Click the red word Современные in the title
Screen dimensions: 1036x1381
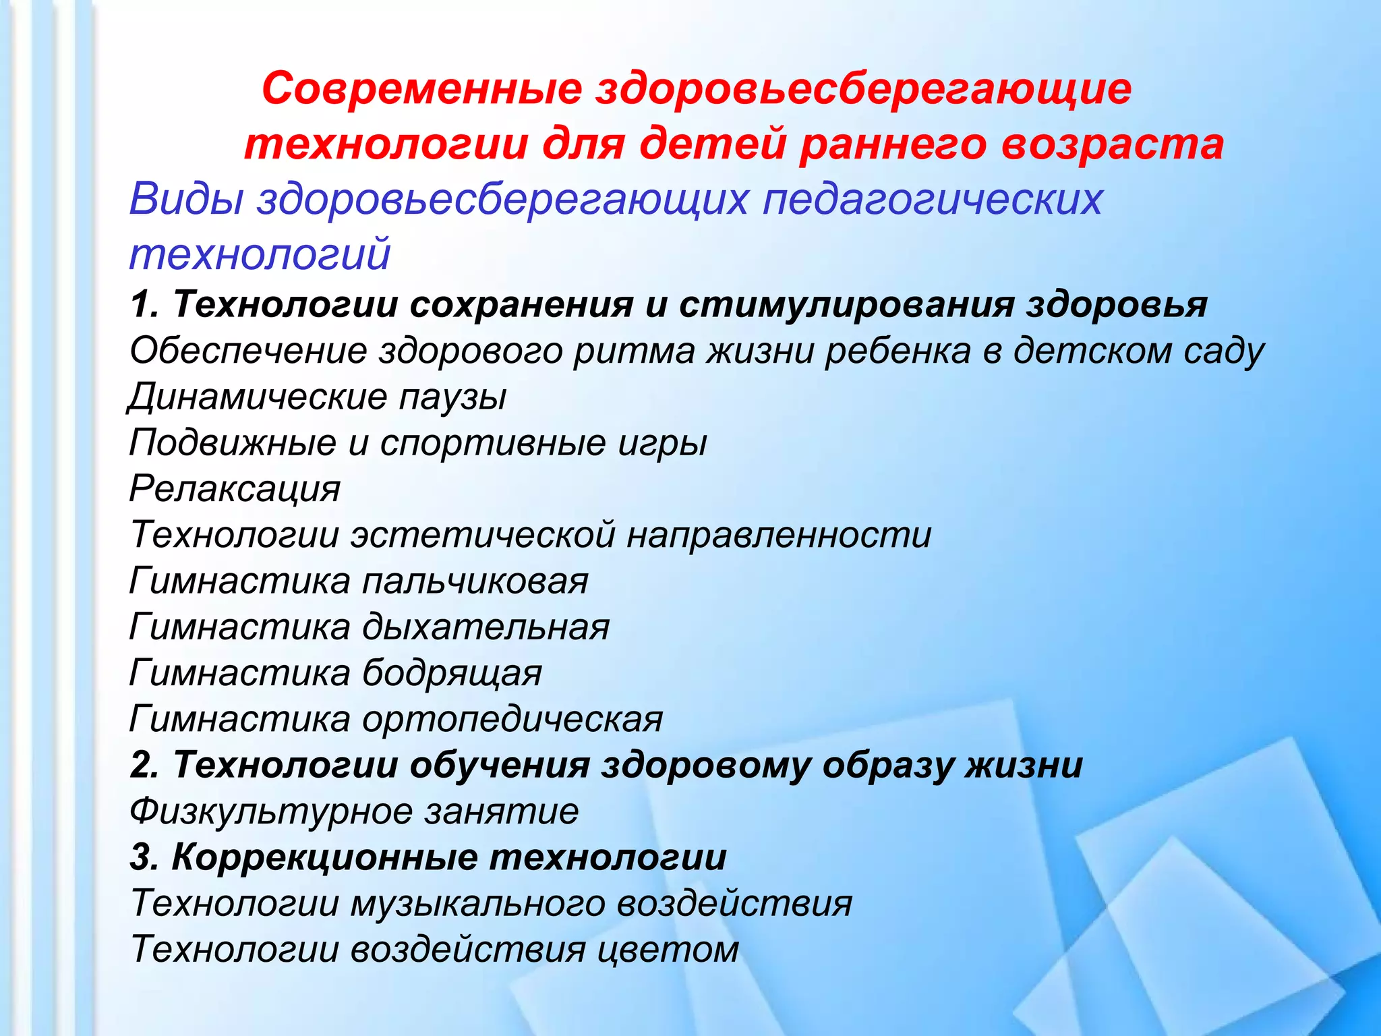click(422, 88)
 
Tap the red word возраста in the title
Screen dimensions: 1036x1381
click(1113, 144)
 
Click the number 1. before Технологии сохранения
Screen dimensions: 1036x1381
click(144, 305)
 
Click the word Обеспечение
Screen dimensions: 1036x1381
click(248, 351)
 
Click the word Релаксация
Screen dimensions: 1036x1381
click(235, 489)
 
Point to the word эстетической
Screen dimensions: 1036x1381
click(483, 535)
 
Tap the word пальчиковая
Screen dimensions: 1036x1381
click(475, 581)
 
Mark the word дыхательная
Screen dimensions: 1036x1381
click(486, 627)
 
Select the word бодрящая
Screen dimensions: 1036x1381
click(452, 674)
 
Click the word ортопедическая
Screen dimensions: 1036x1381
click(512, 720)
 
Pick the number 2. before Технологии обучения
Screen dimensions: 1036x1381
click(144, 766)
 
